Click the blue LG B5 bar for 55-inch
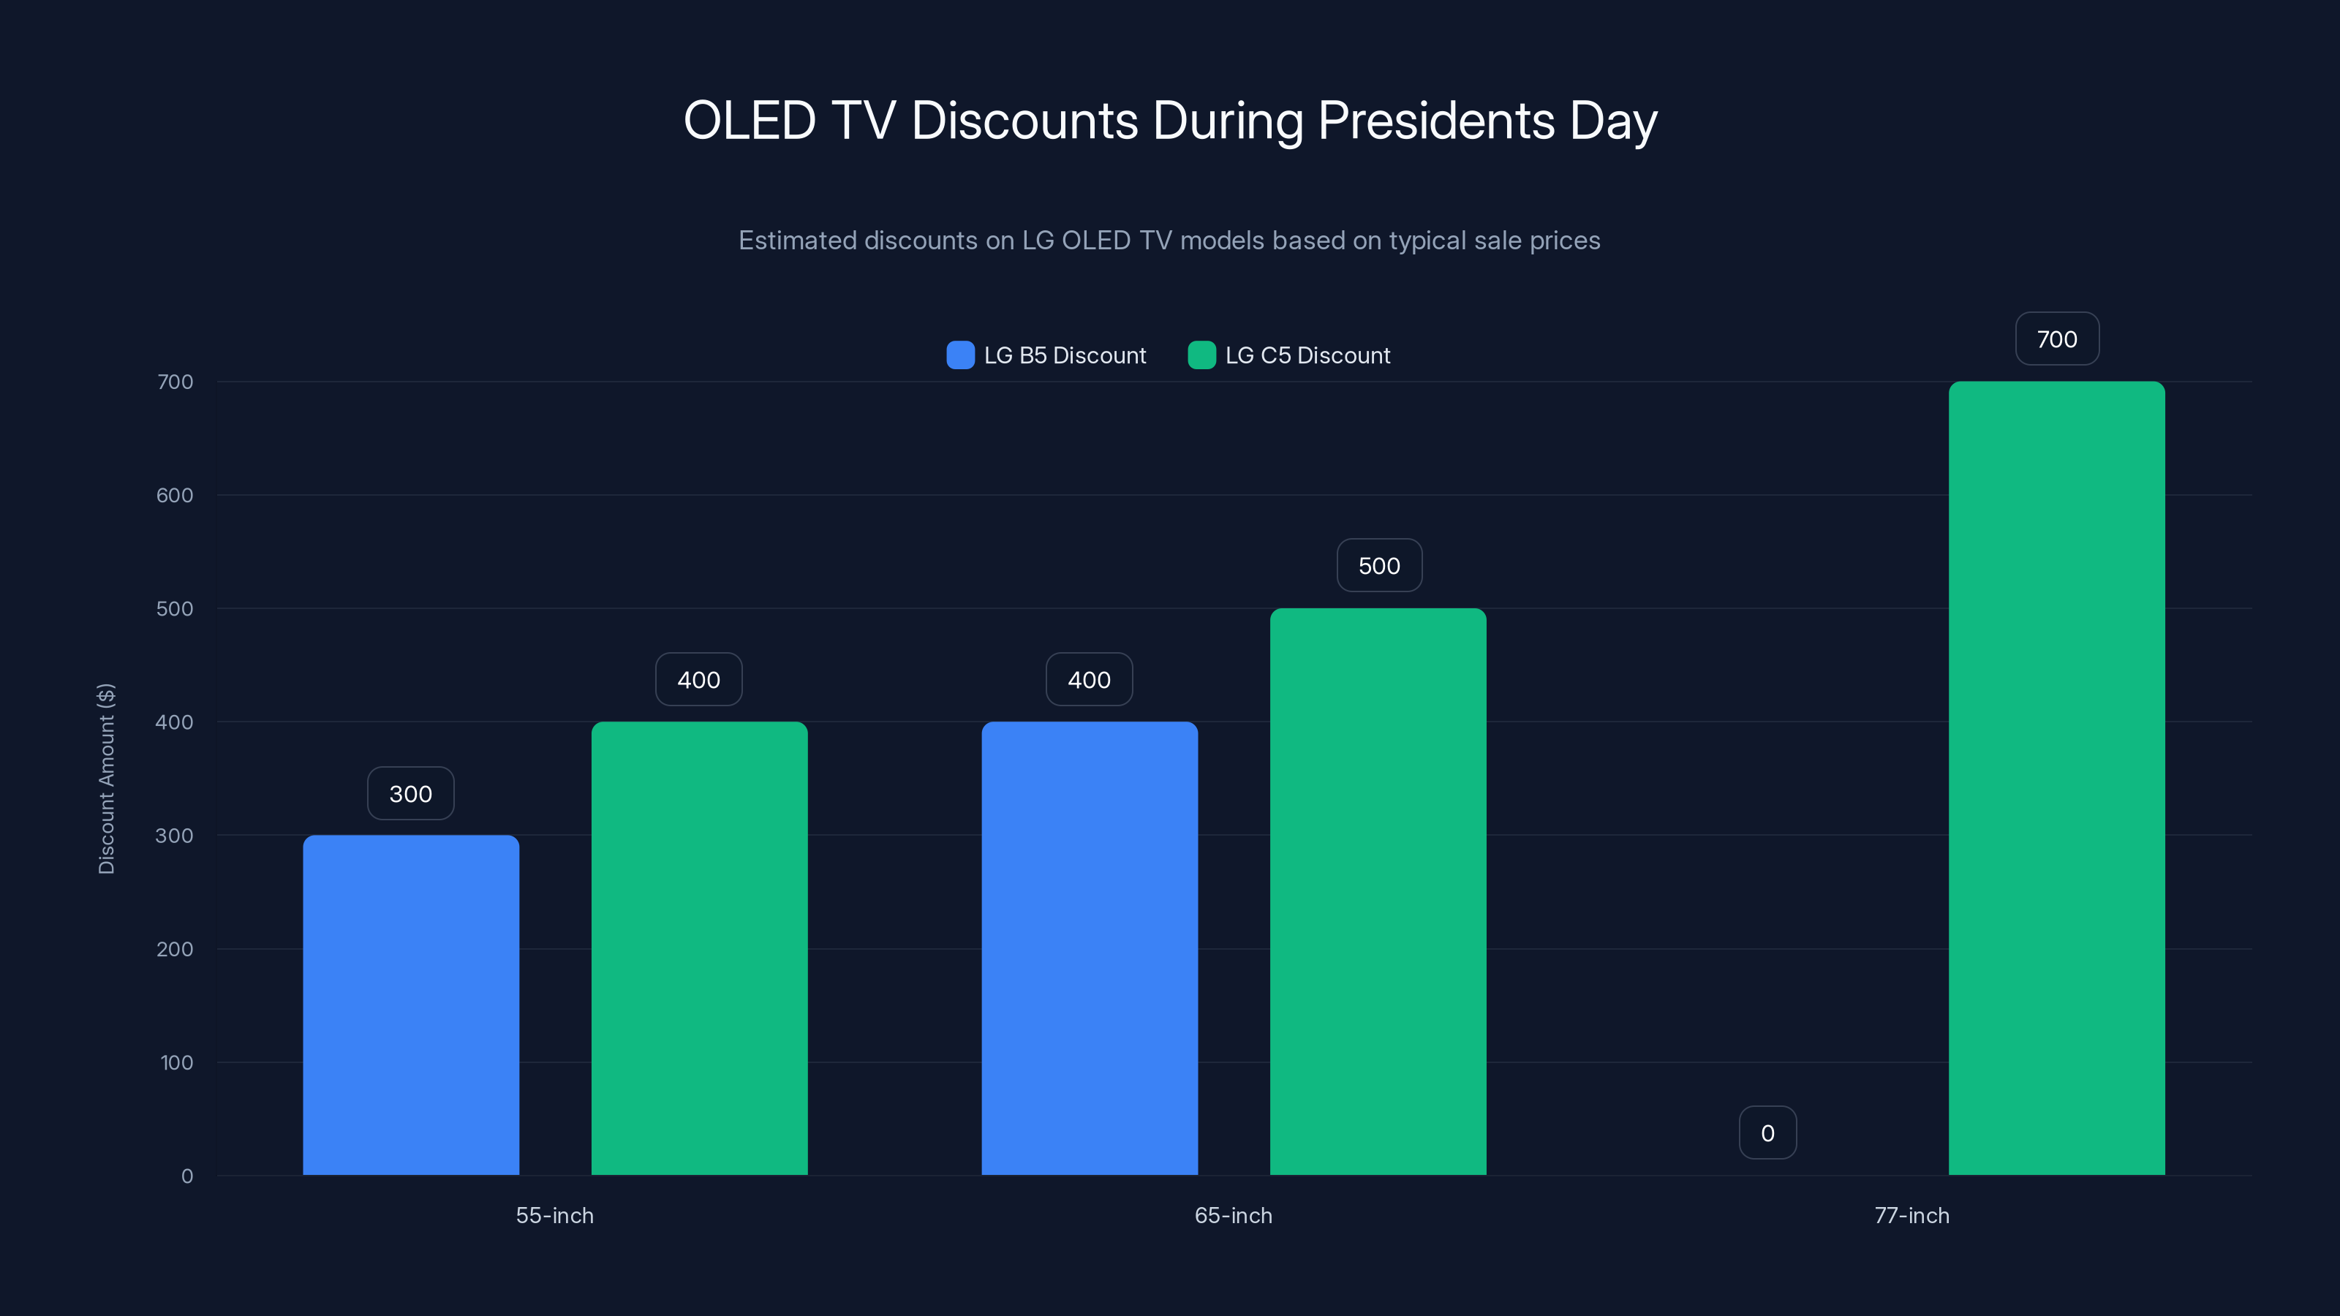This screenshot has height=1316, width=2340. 410,1005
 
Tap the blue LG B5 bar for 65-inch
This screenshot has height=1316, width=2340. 1089,948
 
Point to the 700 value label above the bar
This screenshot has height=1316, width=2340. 2056,339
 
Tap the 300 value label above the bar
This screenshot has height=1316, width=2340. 410,794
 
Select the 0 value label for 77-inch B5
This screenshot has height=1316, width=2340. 1767,1132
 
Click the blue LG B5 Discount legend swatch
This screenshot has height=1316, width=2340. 960,355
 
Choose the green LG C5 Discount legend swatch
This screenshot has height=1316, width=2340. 1201,355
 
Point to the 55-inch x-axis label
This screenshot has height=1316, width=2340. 554,1215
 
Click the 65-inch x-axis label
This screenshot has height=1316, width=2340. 1233,1215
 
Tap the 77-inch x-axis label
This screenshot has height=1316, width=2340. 1912,1215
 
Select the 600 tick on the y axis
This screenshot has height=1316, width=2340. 175,495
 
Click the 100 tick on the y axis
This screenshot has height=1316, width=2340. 176,1062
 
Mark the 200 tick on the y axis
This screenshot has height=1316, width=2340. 175,949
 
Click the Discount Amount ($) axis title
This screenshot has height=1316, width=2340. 106,779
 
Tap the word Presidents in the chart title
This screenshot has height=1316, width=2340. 1436,121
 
